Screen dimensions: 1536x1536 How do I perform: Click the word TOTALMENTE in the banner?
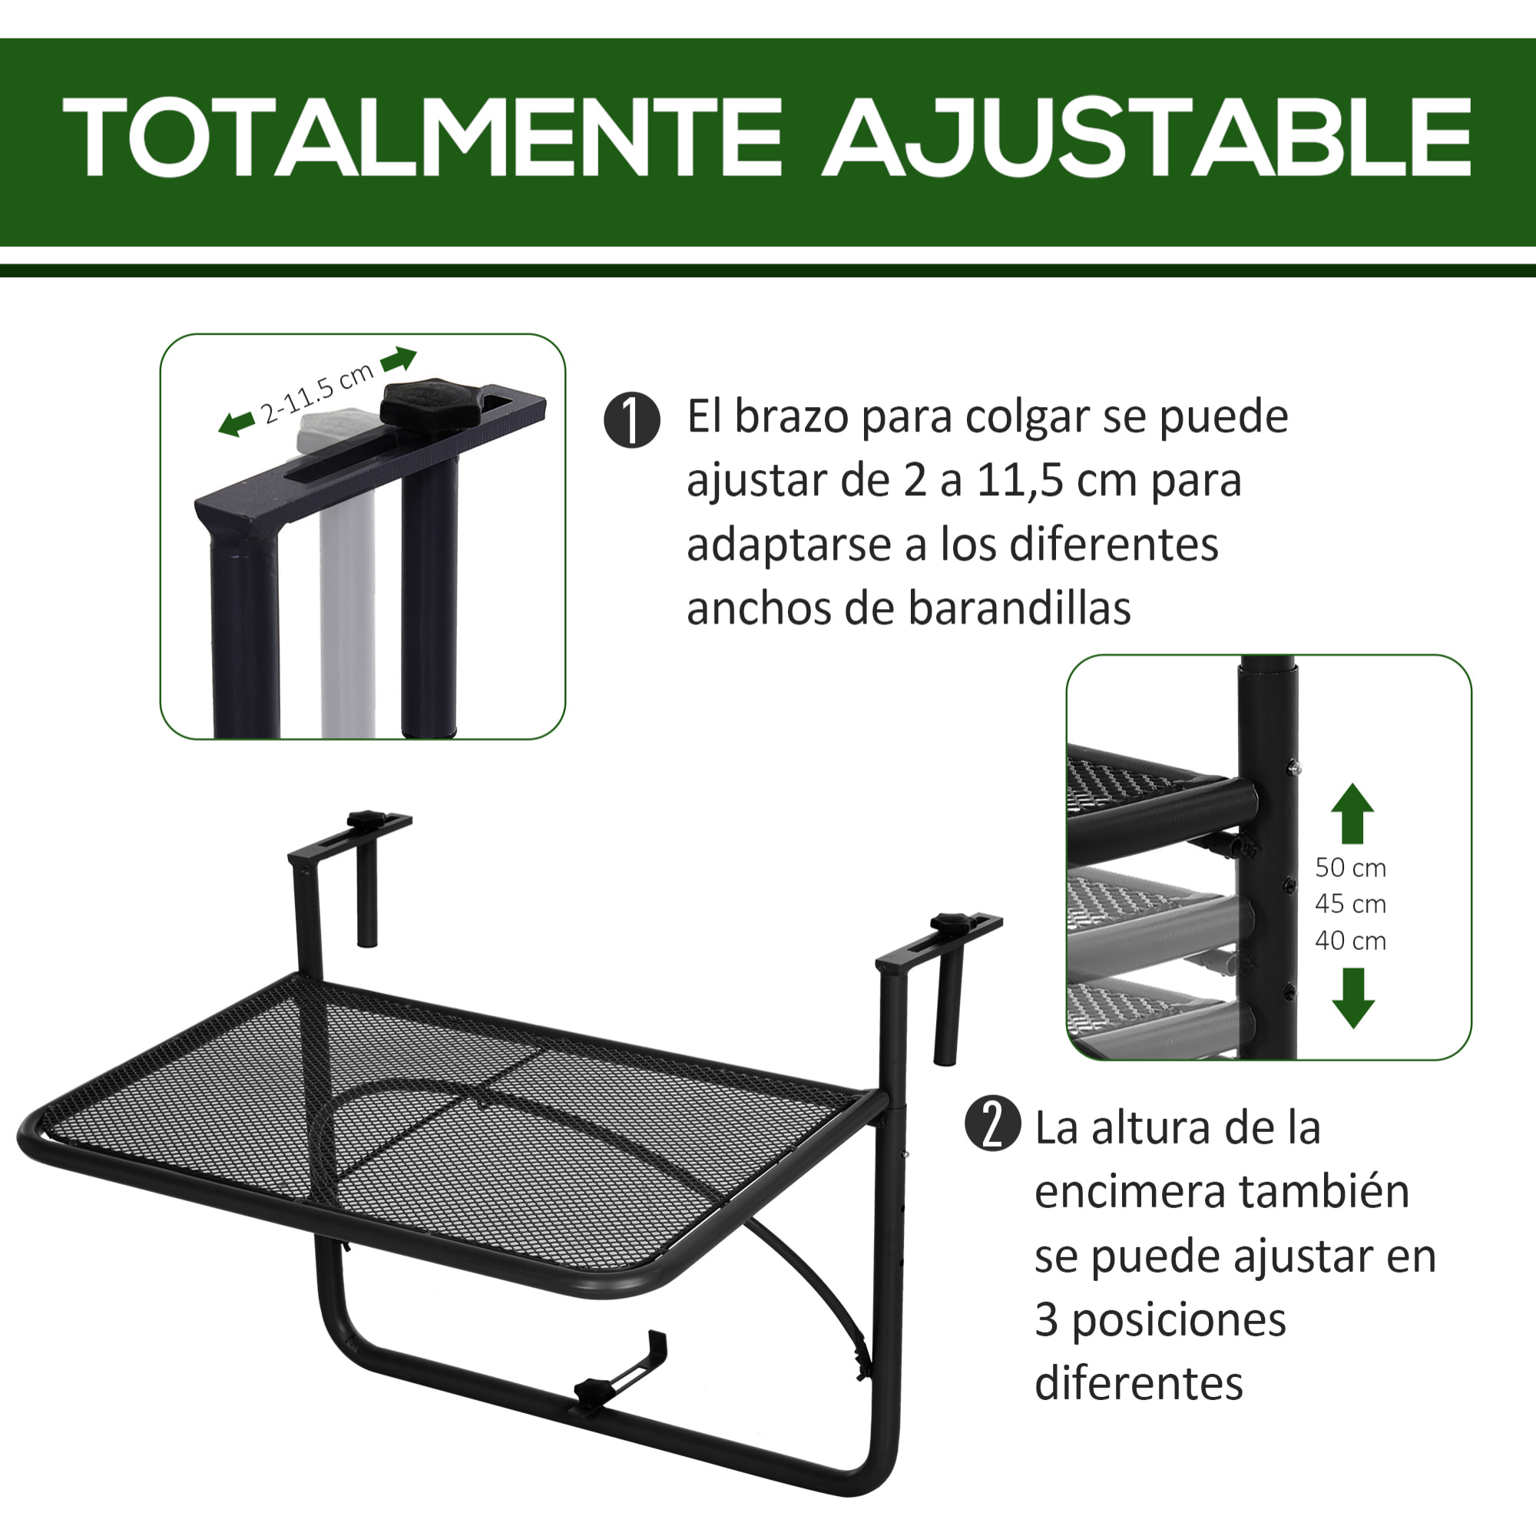click(422, 137)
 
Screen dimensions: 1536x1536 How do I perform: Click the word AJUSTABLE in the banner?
click(1146, 137)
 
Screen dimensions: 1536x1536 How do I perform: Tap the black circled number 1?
click(631, 420)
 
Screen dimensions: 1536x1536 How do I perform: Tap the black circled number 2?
click(991, 1124)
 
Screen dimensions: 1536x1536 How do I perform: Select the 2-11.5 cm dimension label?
click(316, 393)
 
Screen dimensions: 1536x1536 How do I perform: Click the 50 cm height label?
click(1350, 867)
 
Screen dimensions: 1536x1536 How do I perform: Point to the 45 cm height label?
click(1350, 904)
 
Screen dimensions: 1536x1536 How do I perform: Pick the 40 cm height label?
click(1350, 942)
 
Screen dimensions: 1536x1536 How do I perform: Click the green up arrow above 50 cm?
click(1352, 813)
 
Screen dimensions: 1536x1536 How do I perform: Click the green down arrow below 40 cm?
click(1352, 998)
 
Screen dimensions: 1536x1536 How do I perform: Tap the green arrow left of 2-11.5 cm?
click(236, 424)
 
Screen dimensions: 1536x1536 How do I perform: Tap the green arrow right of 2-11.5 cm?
click(399, 359)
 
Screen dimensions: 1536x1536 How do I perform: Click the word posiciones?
click(1178, 1319)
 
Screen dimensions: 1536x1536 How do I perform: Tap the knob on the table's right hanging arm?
click(949, 923)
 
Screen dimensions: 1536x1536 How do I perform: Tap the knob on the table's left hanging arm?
click(366, 818)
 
